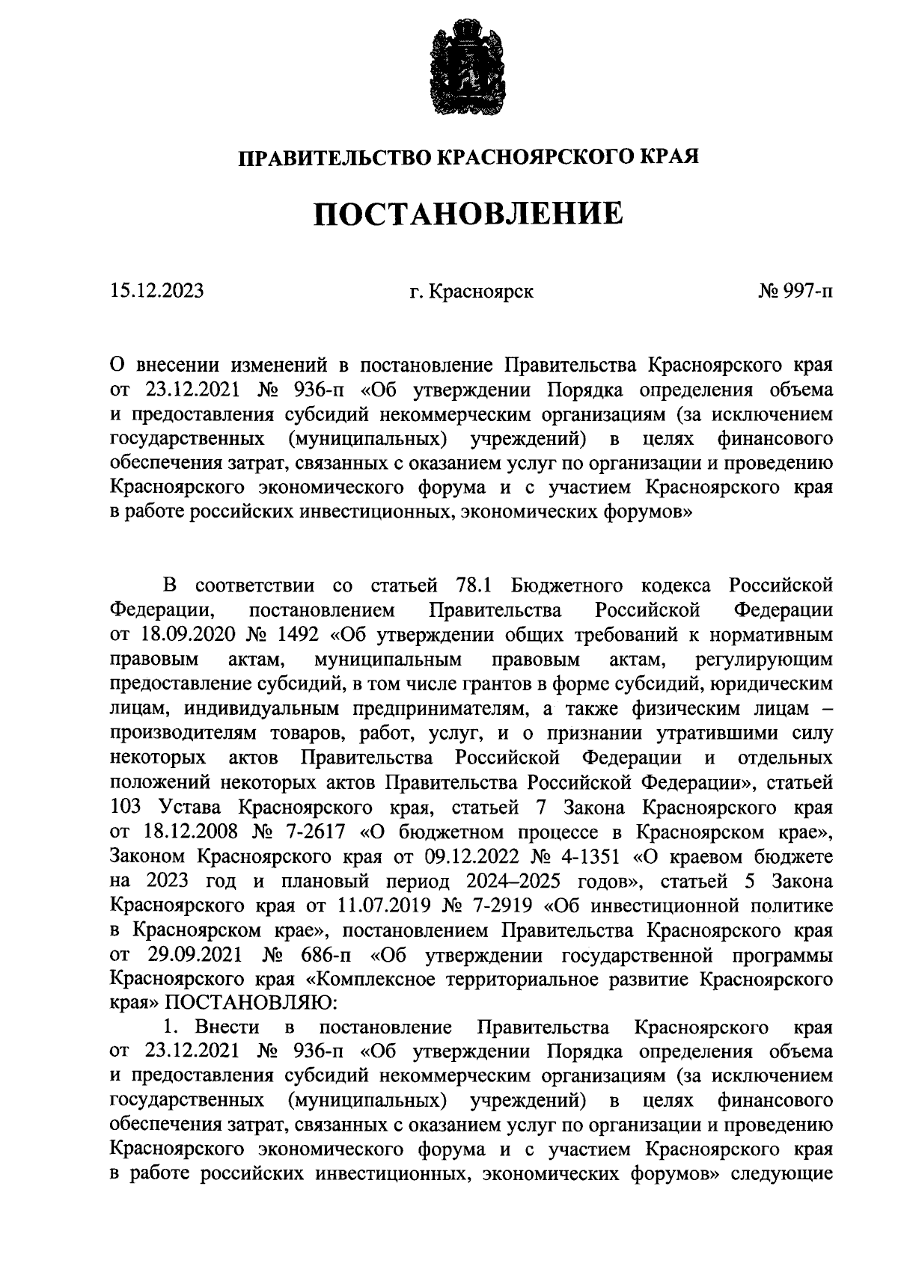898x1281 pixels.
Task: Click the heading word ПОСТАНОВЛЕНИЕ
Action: point(468,215)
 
